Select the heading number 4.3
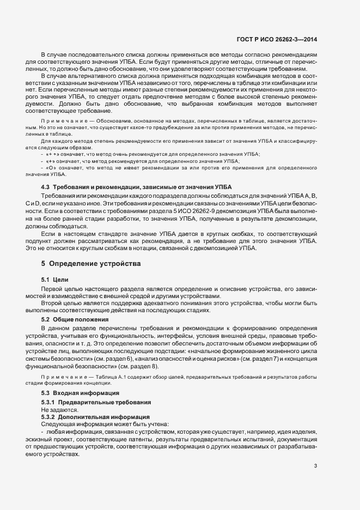[46, 187]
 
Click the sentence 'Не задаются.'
[59, 409]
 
